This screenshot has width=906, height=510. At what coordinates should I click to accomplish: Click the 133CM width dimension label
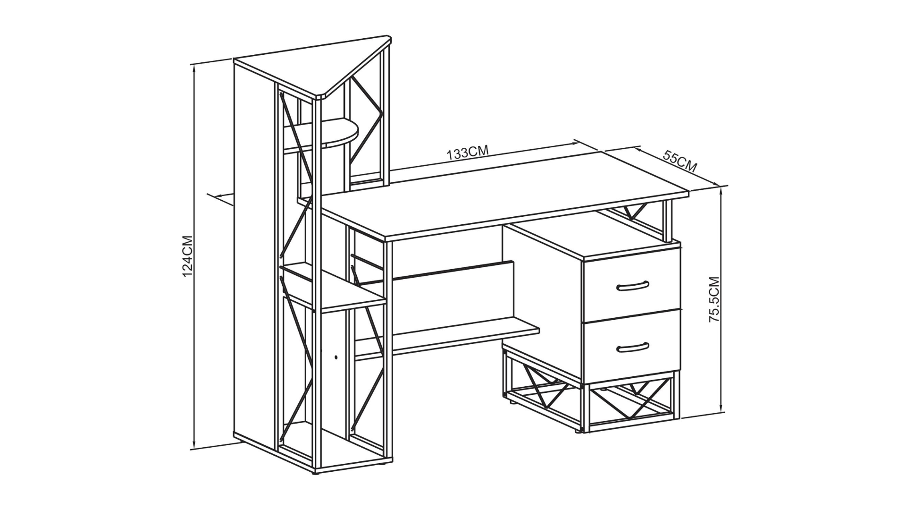pos(468,152)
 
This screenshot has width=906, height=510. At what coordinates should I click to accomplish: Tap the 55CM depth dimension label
pos(680,161)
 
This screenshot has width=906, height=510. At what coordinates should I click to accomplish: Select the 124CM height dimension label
pos(188,256)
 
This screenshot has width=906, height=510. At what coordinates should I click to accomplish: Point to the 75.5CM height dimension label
pos(714,299)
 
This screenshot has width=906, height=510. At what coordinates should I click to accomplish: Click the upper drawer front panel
pos(632,285)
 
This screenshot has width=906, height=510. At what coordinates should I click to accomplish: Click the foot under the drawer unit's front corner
pos(579,431)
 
